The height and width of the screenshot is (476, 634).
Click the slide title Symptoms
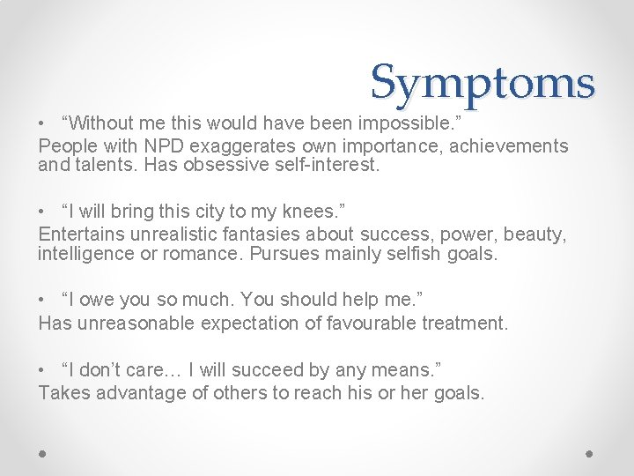tap(483, 83)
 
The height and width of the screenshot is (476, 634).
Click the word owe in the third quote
tap(93, 301)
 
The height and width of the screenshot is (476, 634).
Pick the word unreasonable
tap(136, 324)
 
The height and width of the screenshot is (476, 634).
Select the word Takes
tap(64, 393)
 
